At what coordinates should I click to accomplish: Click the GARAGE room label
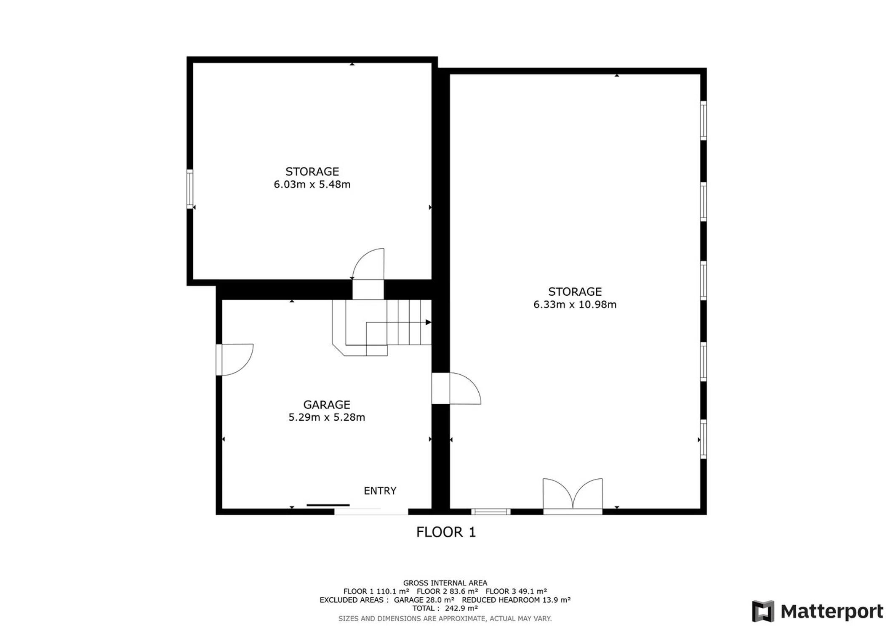(x=327, y=405)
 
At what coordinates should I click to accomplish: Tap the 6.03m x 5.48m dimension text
(x=312, y=184)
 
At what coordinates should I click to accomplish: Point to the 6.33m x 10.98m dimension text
(x=575, y=305)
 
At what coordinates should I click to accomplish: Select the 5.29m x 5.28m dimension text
(x=327, y=417)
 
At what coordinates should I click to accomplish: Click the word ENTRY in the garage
(x=380, y=491)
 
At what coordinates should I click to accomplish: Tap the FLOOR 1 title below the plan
(x=446, y=532)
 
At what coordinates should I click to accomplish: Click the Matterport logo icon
(x=763, y=611)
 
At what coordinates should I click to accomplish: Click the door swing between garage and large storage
(x=465, y=388)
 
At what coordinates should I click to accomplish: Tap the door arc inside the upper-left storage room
(x=368, y=264)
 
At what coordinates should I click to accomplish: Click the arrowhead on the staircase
(x=428, y=322)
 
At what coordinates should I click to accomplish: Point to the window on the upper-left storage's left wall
(x=190, y=189)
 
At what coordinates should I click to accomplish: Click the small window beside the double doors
(x=491, y=512)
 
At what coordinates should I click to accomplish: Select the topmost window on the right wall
(x=704, y=120)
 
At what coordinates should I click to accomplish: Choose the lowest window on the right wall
(x=704, y=439)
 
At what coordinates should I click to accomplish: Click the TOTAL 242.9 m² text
(x=445, y=608)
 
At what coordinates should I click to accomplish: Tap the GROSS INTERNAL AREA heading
(x=445, y=583)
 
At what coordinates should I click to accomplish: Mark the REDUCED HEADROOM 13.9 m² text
(x=516, y=600)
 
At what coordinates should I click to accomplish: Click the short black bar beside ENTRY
(x=328, y=505)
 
